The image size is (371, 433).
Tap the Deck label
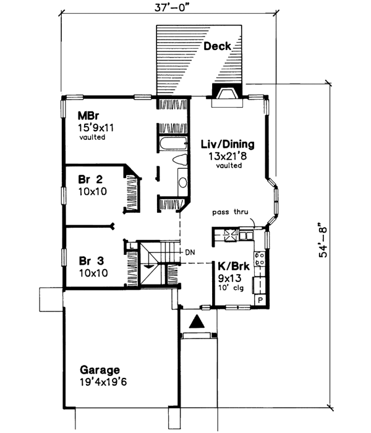[217, 46]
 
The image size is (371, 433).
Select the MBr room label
[85, 116]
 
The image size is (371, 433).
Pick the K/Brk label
[232, 266]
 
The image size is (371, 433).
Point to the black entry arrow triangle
[196, 322]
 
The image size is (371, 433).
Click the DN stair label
[189, 252]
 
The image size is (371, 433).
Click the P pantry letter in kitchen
[260, 299]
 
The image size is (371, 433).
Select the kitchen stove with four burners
[261, 258]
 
